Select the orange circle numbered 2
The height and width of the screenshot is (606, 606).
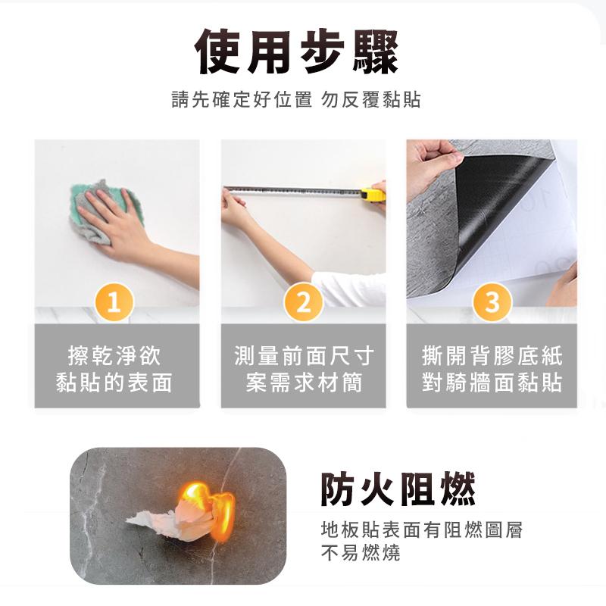coord(303,302)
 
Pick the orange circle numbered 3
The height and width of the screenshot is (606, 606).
coord(492,302)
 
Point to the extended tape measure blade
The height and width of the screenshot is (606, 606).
coord(295,189)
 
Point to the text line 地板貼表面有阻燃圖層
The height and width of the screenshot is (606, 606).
coord(421,529)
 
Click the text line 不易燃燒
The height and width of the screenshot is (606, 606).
coord(360,554)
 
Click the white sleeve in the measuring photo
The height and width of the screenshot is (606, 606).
coord(348,289)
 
